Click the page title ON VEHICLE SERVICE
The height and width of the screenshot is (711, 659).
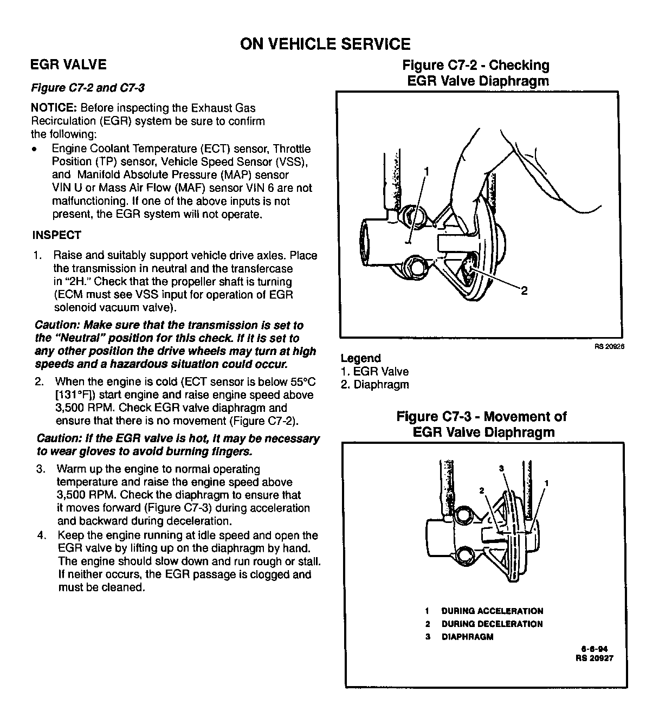[325, 44]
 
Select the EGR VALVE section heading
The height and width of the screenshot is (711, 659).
[68, 65]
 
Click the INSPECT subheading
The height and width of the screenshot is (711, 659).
[57, 235]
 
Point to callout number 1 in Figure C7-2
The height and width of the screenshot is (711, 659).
[427, 172]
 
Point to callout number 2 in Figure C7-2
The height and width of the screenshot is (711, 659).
[524, 291]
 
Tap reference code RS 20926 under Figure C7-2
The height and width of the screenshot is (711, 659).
[609, 347]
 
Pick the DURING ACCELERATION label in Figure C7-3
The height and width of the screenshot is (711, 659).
[492, 611]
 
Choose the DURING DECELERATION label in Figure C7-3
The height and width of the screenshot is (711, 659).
[492, 624]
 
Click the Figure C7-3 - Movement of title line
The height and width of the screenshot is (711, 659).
[481, 417]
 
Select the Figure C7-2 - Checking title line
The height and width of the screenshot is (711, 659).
[475, 66]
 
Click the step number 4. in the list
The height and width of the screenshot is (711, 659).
[42, 536]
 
